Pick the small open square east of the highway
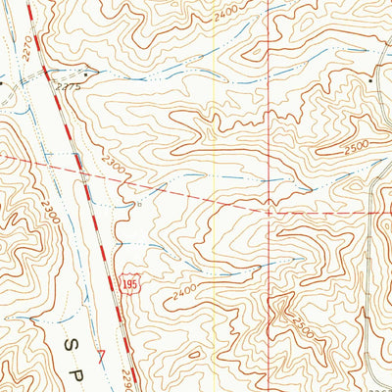coord(138,205)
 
